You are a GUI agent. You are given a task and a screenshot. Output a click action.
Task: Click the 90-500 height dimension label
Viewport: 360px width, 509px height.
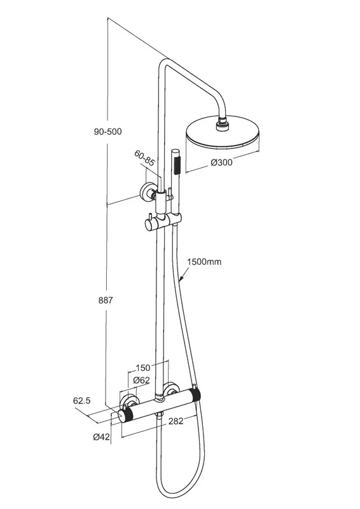[x=107, y=132]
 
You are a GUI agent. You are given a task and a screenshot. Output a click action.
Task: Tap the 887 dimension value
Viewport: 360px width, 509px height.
[x=106, y=300]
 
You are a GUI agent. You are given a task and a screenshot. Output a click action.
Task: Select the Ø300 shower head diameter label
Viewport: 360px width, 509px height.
[x=222, y=162]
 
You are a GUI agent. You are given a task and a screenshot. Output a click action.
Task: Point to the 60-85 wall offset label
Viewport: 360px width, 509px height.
[x=144, y=158]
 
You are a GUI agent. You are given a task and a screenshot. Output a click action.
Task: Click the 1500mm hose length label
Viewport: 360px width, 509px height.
[x=204, y=261]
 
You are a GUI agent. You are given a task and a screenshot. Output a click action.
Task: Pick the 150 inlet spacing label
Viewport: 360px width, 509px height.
[x=143, y=368]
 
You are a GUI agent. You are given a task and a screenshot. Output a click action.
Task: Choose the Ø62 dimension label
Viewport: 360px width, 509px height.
[x=141, y=380]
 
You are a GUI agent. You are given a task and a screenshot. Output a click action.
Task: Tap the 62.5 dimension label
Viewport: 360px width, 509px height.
[x=81, y=401]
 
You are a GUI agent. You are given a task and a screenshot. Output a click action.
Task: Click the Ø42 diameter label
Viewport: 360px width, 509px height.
[x=102, y=437]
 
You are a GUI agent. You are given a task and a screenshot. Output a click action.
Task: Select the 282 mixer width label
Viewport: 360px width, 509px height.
[x=176, y=421]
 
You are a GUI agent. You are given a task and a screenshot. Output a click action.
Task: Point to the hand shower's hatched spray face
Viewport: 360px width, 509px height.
[x=177, y=165]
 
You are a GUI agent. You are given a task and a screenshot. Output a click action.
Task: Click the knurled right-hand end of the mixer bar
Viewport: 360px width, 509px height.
[x=196, y=394]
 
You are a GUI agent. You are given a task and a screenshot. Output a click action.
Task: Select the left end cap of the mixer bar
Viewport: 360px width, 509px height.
[x=121, y=416]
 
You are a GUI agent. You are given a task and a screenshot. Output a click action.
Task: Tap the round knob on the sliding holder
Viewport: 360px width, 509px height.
[x=149, y=224]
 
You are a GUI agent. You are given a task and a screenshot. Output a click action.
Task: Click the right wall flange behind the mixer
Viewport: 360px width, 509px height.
[x=170, y=389]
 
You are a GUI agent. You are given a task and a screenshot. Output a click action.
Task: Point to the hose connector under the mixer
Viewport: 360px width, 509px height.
[x=160, y=415]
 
